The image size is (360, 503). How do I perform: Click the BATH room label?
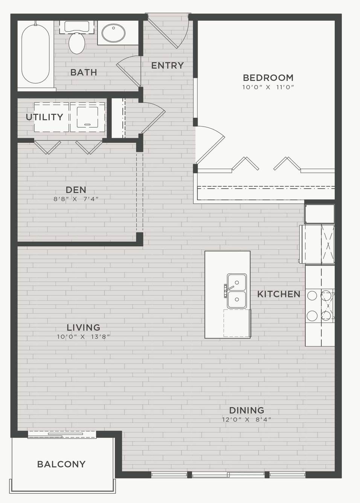84,72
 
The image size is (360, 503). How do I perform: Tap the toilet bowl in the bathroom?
77,43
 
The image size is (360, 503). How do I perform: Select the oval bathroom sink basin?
113,33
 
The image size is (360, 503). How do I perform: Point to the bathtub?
35,54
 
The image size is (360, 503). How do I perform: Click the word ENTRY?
168,66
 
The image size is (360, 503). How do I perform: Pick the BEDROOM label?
268,78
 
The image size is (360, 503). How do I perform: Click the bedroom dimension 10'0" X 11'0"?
268,87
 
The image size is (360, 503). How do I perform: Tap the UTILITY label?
44,117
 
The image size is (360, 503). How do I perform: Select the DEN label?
76,190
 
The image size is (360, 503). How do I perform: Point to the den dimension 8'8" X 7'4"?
76,199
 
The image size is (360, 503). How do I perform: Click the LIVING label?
83,328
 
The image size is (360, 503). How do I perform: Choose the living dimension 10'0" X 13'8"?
83,337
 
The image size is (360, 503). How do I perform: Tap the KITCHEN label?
279,294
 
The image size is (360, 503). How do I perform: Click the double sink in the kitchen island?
236,291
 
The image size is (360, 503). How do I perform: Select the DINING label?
247,410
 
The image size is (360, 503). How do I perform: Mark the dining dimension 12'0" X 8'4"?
247,419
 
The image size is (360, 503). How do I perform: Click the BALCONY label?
61,464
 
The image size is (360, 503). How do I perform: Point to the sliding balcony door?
62,434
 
